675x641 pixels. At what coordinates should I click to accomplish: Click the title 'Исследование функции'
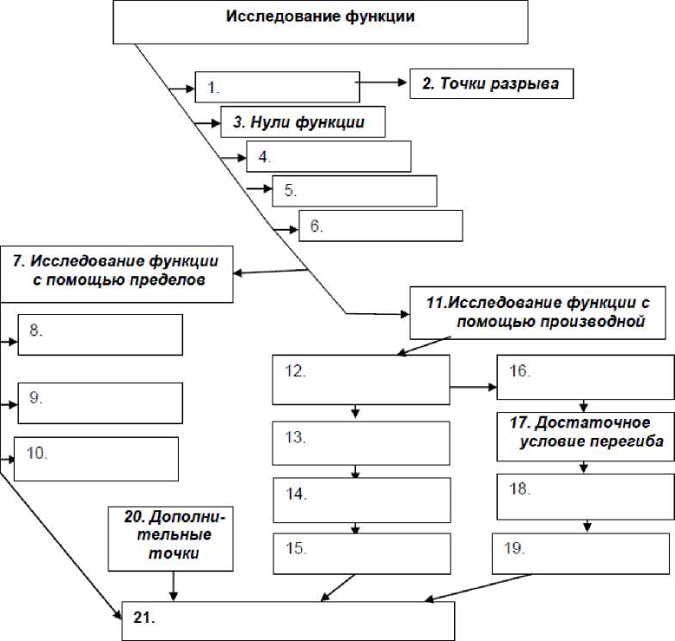(x=320, y=16)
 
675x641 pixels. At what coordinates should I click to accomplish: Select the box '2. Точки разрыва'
(x=491, y=83)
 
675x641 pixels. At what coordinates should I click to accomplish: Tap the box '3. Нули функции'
(x=303, y=122)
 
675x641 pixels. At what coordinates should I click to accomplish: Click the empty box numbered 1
(x=277, y=87)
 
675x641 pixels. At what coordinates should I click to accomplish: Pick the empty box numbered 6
(x=381, y=225)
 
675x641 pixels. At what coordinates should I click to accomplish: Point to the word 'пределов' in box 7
(x=168, y=280)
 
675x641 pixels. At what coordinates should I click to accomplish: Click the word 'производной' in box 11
(x=551, y=322)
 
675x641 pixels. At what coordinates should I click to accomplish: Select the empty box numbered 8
(x=101, y=335)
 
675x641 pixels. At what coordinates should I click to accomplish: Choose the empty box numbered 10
(x=96, y=459)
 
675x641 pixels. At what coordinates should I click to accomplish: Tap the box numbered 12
(x=361, y=379)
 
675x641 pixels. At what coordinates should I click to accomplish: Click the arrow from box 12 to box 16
(x=474, y=387)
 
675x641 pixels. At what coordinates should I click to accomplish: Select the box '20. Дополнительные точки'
(x=170, y=539)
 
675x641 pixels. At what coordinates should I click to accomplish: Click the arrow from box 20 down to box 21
(x=174, y=586)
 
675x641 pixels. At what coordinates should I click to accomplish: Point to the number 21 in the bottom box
(x=144, y=618)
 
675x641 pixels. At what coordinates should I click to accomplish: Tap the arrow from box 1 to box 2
(x=382, y=83)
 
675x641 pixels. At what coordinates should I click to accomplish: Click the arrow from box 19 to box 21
(x=478, y=588)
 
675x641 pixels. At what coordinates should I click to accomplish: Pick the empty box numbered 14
(x=362, y=500)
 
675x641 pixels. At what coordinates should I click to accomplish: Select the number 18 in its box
(x=519, y=489)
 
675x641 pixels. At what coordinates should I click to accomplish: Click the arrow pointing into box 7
(x=270, y=272)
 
